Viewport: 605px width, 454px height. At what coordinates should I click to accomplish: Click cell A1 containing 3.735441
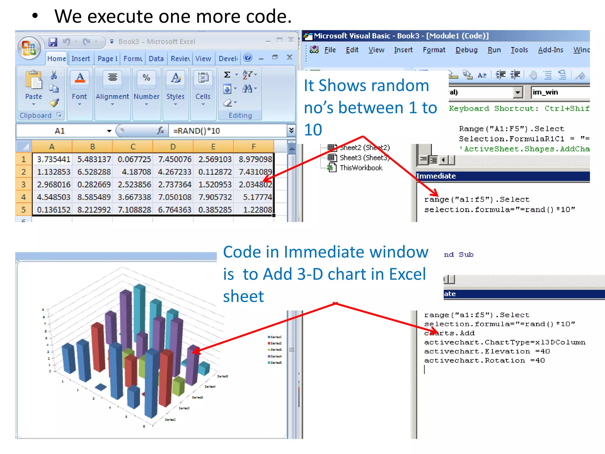pos(53,159)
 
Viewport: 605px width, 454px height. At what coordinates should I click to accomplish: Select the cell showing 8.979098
pos(255,159)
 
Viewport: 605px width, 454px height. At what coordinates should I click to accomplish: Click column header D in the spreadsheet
pos(173,147)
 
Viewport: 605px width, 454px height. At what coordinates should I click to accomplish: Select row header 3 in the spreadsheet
pos(24,184)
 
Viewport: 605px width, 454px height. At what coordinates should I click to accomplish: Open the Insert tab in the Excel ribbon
pos(80,59)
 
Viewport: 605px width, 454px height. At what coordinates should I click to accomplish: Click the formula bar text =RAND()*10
pos(196,131)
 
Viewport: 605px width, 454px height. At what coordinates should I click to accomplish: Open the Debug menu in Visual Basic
pos(466,50)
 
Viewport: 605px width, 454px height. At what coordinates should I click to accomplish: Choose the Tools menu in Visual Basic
pos(519,50)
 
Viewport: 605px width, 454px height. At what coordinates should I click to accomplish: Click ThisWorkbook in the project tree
pos(361,168)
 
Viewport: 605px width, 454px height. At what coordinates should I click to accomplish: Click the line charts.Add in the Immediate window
pos(449,333)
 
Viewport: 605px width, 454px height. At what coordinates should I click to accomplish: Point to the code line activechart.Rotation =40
pos(484,360)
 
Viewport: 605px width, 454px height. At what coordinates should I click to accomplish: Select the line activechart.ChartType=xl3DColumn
pos(505,342)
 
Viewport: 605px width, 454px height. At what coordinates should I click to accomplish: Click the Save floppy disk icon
pos(53,42)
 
